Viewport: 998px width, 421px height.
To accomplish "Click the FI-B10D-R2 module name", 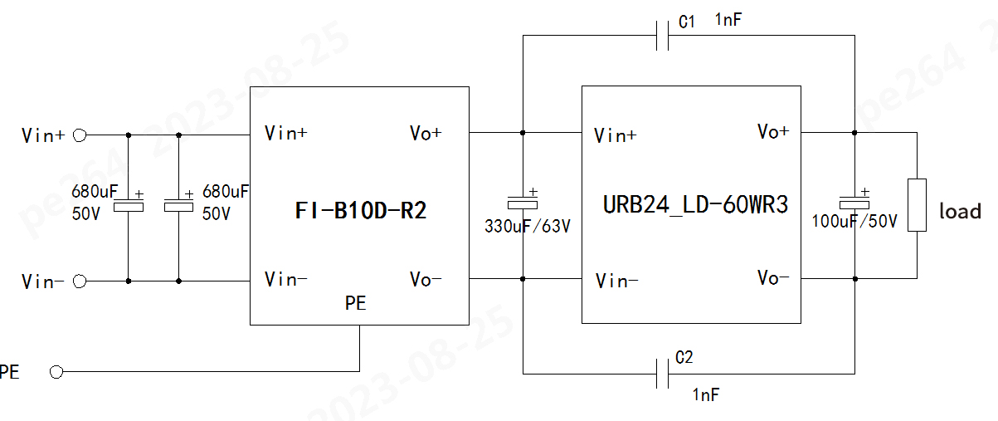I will (x=360, y=211).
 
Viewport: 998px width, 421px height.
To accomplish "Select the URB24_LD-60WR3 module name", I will (x=696, y=205).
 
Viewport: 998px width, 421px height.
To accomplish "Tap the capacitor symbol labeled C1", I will (x=663, y=36).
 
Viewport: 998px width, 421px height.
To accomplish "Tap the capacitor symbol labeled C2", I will (x=663, y=373).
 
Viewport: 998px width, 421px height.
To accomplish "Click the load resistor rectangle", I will (x=917, y=204).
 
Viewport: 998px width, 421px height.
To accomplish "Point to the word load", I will (x=960, y=212).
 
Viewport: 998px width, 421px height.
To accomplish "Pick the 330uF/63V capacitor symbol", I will (x=523, y=202).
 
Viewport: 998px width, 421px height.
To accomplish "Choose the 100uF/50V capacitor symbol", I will (x=854, y=202).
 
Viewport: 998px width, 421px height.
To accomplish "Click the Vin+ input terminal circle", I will (x=80, y=135).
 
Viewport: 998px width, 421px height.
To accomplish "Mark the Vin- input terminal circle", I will (x=80, y=281).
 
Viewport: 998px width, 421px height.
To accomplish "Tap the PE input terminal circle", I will (x=56, y=372).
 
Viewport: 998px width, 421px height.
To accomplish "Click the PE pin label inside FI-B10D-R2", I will (x=355, y=305).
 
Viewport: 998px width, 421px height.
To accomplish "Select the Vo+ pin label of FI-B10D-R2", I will (x=426, y=133).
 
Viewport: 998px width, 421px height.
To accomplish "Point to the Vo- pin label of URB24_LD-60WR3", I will (x=773, y=278).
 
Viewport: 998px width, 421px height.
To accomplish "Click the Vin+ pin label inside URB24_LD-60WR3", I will (x=616, y=135).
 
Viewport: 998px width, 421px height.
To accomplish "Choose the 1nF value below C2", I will (x=705, y=395).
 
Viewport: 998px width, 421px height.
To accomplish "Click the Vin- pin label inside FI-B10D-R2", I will (x=285, y=279).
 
